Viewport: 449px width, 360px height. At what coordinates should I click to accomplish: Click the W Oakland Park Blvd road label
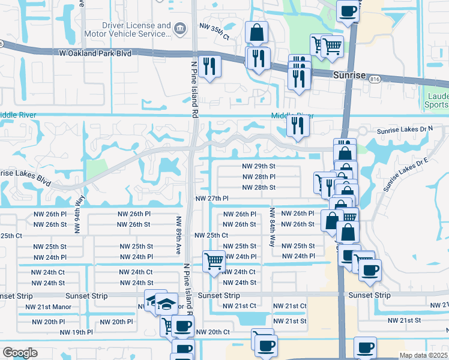tap(95, 53)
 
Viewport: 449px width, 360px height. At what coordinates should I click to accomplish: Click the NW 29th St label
tap(258, 166)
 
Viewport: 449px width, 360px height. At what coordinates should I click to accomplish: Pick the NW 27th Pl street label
tap(212, 198)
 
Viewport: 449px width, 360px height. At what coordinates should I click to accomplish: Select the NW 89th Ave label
tap(179, 235)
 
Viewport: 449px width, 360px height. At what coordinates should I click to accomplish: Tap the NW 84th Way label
tap(272, 227)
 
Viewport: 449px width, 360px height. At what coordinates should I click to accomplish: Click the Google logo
tap(20, 353)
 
